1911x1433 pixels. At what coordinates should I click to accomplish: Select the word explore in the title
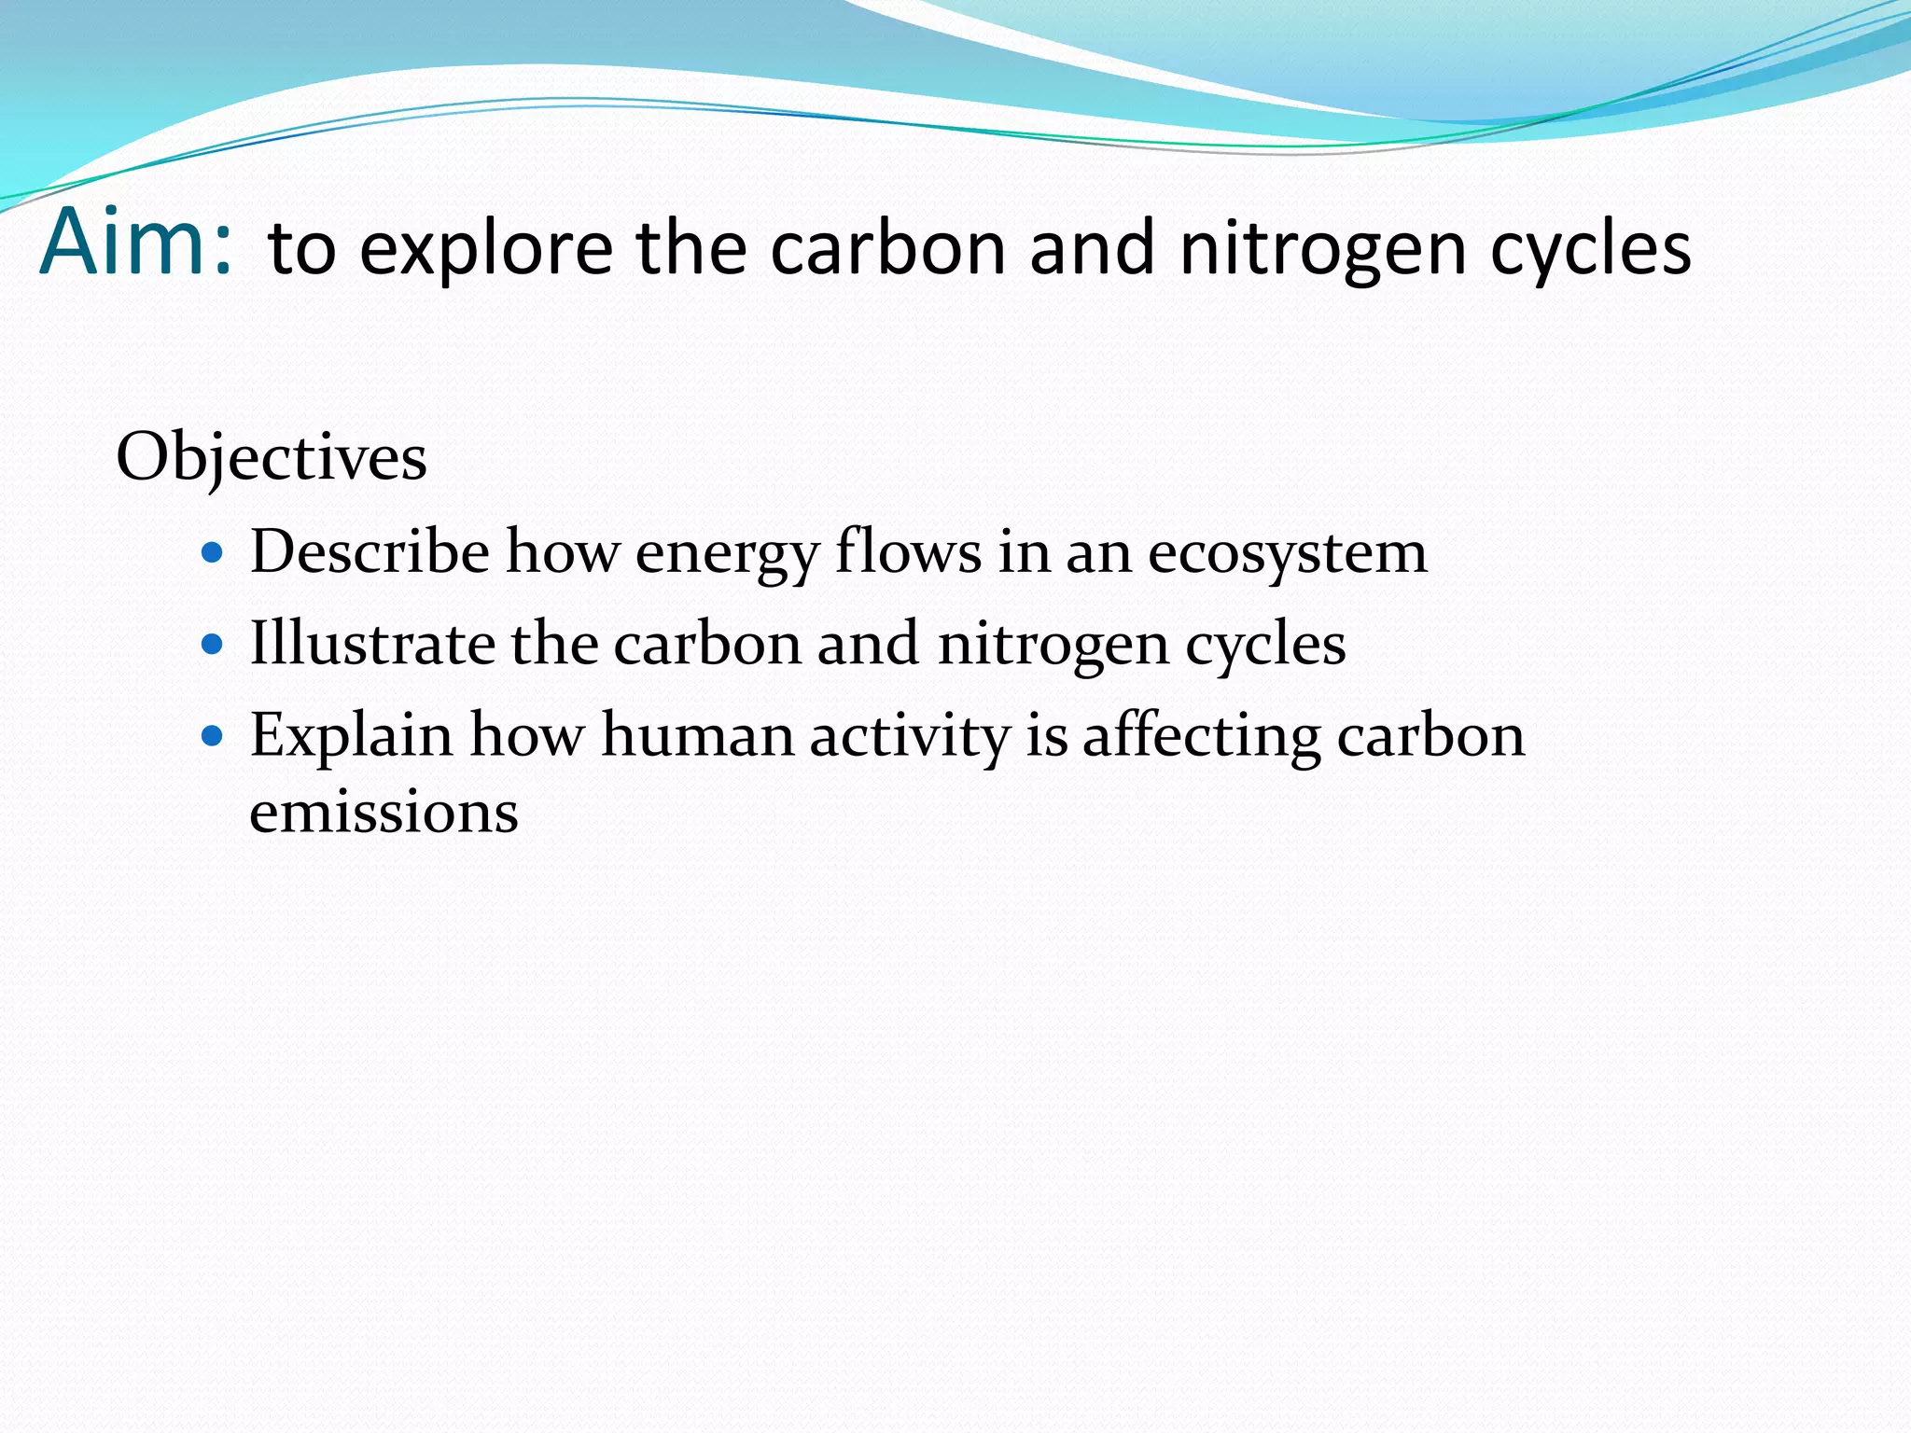click(486, 250)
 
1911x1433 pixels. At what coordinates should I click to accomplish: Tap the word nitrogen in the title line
click(1323, 250)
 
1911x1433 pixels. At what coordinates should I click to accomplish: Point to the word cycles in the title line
click(1590, 250)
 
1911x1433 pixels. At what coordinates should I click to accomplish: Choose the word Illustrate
click(372, 644)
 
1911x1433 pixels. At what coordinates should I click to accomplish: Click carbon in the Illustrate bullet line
click(707, 644)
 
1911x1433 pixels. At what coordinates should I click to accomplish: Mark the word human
click(698, 735)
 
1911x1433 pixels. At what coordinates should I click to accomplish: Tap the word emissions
click(384, 812)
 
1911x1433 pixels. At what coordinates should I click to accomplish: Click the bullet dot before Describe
click(213, 552)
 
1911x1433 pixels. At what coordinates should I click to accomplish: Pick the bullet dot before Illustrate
click(213, 645)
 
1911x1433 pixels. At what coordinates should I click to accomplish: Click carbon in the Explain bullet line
click(1430, 735)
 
